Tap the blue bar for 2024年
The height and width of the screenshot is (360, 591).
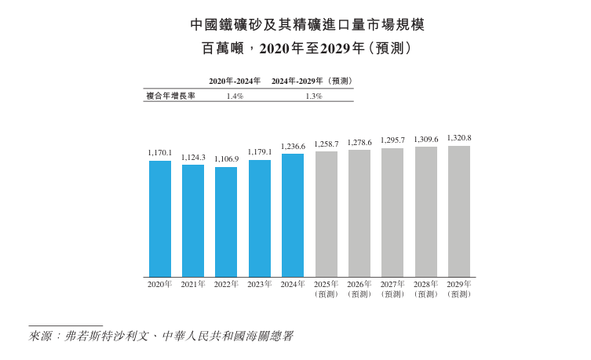(293, 215)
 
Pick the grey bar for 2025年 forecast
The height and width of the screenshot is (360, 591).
(326, 213)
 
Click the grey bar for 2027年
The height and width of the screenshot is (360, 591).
(392, 212)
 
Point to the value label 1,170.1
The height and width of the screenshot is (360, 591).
(159, 154)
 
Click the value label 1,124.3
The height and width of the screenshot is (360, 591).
(193, 158)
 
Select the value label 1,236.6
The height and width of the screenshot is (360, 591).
(293, 147)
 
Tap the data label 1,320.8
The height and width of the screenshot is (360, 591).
(459, 138)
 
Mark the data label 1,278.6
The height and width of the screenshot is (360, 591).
(359, 143)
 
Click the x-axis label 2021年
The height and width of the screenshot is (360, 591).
(193, 284)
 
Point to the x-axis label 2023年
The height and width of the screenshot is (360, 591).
(259, 284)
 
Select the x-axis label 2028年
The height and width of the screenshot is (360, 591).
(426, 283)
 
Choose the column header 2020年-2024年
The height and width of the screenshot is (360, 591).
(235, 81)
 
